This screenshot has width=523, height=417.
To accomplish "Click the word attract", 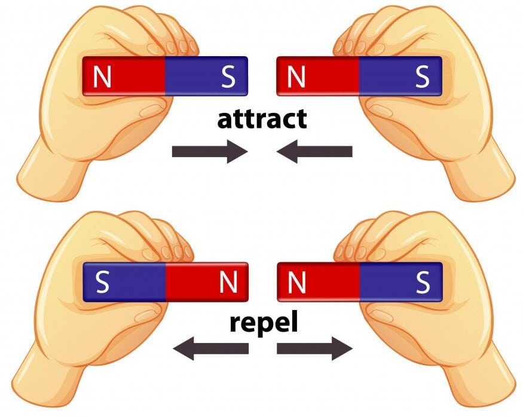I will [x=262, y=119].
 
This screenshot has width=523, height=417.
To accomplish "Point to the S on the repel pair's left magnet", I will [x=102, y=283].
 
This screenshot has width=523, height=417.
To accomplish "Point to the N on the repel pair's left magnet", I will [x=228, y=283].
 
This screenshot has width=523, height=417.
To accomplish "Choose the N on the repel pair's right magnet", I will [x=296, y=283].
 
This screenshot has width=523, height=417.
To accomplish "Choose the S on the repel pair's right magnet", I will [x=422, y=283].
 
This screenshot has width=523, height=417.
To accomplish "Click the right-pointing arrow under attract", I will [x=210, y=152].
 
